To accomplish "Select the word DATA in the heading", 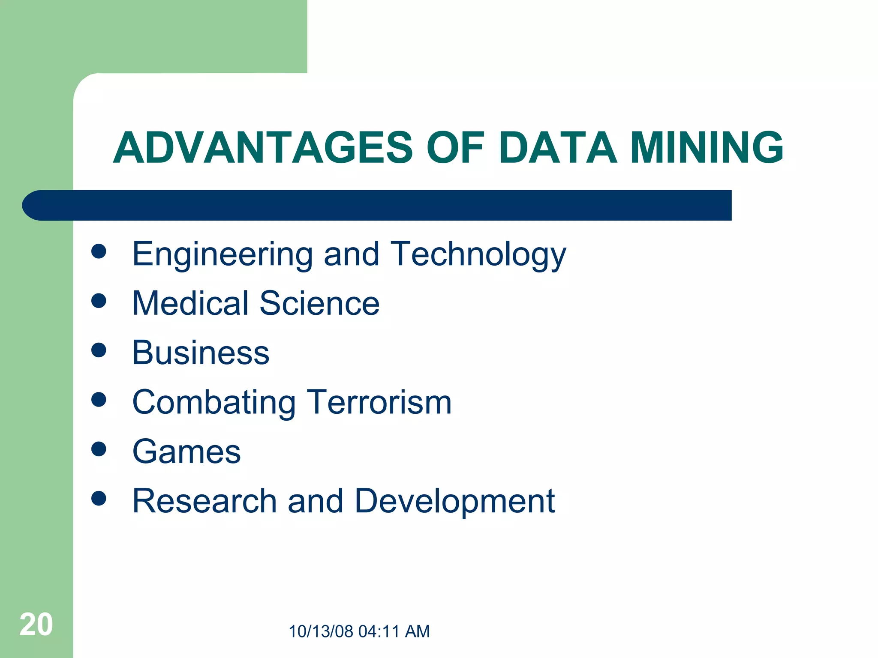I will (x=558, y=148).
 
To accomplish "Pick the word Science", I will (x=319, y=303).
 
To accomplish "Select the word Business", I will (x=201, y=353).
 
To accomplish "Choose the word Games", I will (x=186, y=452).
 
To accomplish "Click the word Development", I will (x=454, y=501).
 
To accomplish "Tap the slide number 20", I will (x=36, y=625).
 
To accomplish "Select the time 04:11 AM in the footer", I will (x=394, y=631).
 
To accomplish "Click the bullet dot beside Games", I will (x=99, y=449).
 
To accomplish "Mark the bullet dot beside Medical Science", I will (x=99, y=301).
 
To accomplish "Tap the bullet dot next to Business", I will (x=99, y=350).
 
